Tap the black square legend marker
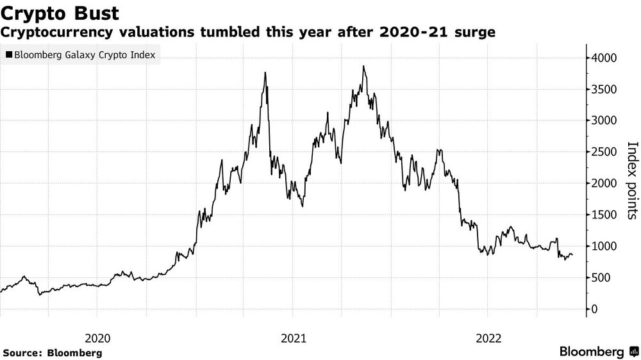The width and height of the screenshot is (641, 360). (8, 56)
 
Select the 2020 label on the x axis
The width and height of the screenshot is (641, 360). (97, 338)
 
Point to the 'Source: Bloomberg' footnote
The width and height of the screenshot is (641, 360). (53, 352)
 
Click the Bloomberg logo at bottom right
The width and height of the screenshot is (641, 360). (599, 352)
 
